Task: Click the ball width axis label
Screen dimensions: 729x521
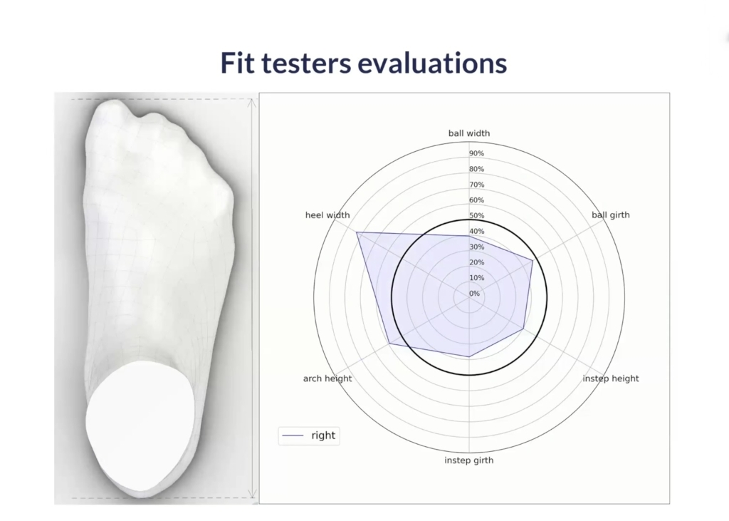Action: tap(469, 133)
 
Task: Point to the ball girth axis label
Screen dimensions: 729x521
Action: tap(610, 215)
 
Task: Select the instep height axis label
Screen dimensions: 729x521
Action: tap(610, 378)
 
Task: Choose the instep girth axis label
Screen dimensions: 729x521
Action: tap(468, 460)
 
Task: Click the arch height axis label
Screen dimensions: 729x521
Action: tap(327, 378)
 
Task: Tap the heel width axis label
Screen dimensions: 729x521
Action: tap(327, 215)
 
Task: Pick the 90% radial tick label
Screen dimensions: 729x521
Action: tap(476, 154)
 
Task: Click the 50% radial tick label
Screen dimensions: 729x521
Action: tap(476, 215)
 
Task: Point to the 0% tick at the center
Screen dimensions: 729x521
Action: tap(474, 294)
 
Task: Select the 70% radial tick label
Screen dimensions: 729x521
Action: tap(476, 185)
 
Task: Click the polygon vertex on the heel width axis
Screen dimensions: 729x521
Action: tap(357, 232)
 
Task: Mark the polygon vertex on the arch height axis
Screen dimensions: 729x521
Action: tap(389, 344)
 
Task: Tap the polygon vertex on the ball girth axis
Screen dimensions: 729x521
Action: tap(533, 260)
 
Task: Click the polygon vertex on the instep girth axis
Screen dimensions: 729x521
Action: tap(469, 356)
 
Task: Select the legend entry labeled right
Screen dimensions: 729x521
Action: tap(309, 435)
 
